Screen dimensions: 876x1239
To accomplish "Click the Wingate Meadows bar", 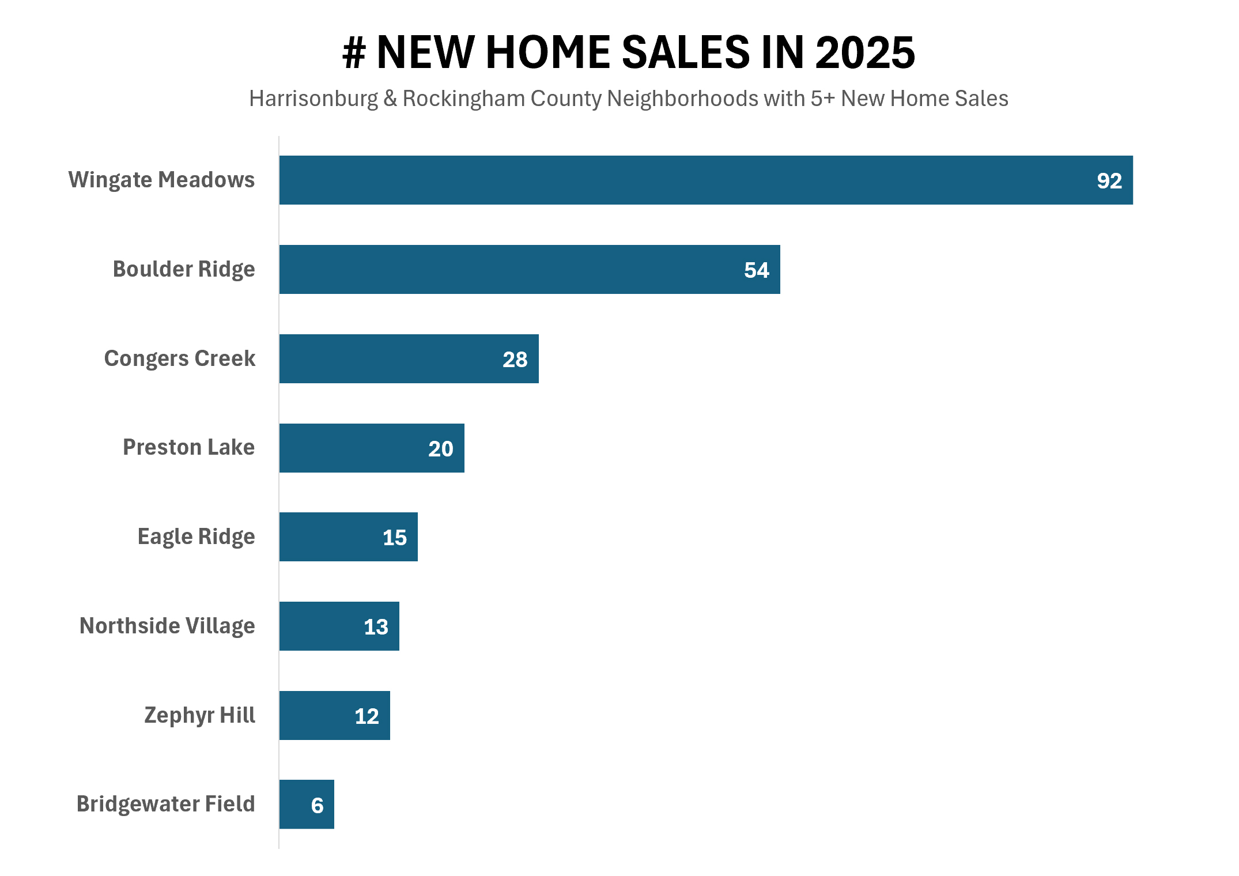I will pyautogui.click(x=705, y=180).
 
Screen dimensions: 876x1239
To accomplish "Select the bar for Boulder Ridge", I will pyautogui.click(x=529, y=269).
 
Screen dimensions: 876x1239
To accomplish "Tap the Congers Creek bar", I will pyautogui.click(x=409, y=358).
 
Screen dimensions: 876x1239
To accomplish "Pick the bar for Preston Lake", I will pyautogui.click(x=372, y=448).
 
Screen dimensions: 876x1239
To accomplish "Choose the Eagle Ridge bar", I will pyautogui.click(x=348, y=537).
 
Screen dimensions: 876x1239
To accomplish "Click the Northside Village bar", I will pyautogui.click(x=339, y=626).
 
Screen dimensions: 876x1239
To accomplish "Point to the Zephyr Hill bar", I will pyautogui.click(x=334, y=715).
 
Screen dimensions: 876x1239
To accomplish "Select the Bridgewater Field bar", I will pyautogui.click(x=307, y=804).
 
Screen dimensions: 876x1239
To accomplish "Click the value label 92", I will pyautogui.click(x=1109, y=181).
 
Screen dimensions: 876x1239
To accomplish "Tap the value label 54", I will pyautogui.click(x=756, y=270).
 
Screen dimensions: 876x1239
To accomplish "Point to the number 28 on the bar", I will pyautogui.click(x=515, y=360).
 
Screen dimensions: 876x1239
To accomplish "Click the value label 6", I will pyautogui.click(x=317, y=806).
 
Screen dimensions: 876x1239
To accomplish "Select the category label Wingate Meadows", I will pyautogui.click(x=161, y=180).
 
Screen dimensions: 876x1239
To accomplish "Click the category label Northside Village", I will pyautogui.click(x=167, y=626).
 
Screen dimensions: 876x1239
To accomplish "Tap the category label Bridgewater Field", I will pyautogui.click(x=165, y=804).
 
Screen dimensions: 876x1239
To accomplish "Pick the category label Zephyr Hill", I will pyautogui.click(x=199, y=715).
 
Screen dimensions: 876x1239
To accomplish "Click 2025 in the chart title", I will pyautogui.click(x=864, y=53).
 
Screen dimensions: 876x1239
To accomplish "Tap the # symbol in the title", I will pyautogui.click(x=354, y=53).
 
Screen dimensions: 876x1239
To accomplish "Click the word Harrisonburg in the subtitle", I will pyautogui.click(x=313, y=99).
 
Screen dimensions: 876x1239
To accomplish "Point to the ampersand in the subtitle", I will pyautogui.click(x=390, y=99).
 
